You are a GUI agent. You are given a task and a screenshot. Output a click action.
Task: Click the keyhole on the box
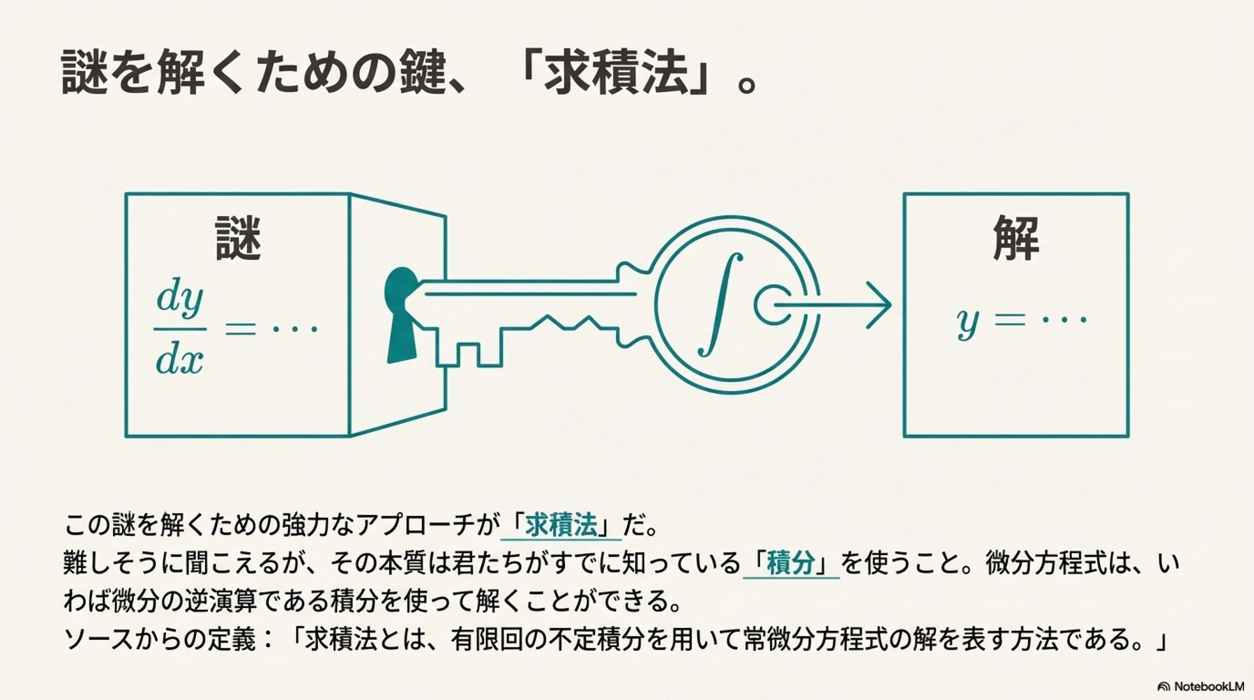(x=401, y=313)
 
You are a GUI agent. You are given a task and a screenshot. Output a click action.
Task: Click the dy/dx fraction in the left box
(x=180, y=329)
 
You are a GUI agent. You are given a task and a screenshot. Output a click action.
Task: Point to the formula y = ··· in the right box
(x=1021, y=321)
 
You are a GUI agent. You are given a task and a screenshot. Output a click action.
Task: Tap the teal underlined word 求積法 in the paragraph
(x=561, y=525)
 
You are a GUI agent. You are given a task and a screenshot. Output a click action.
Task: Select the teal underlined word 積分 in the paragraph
(x=791, y=563)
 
